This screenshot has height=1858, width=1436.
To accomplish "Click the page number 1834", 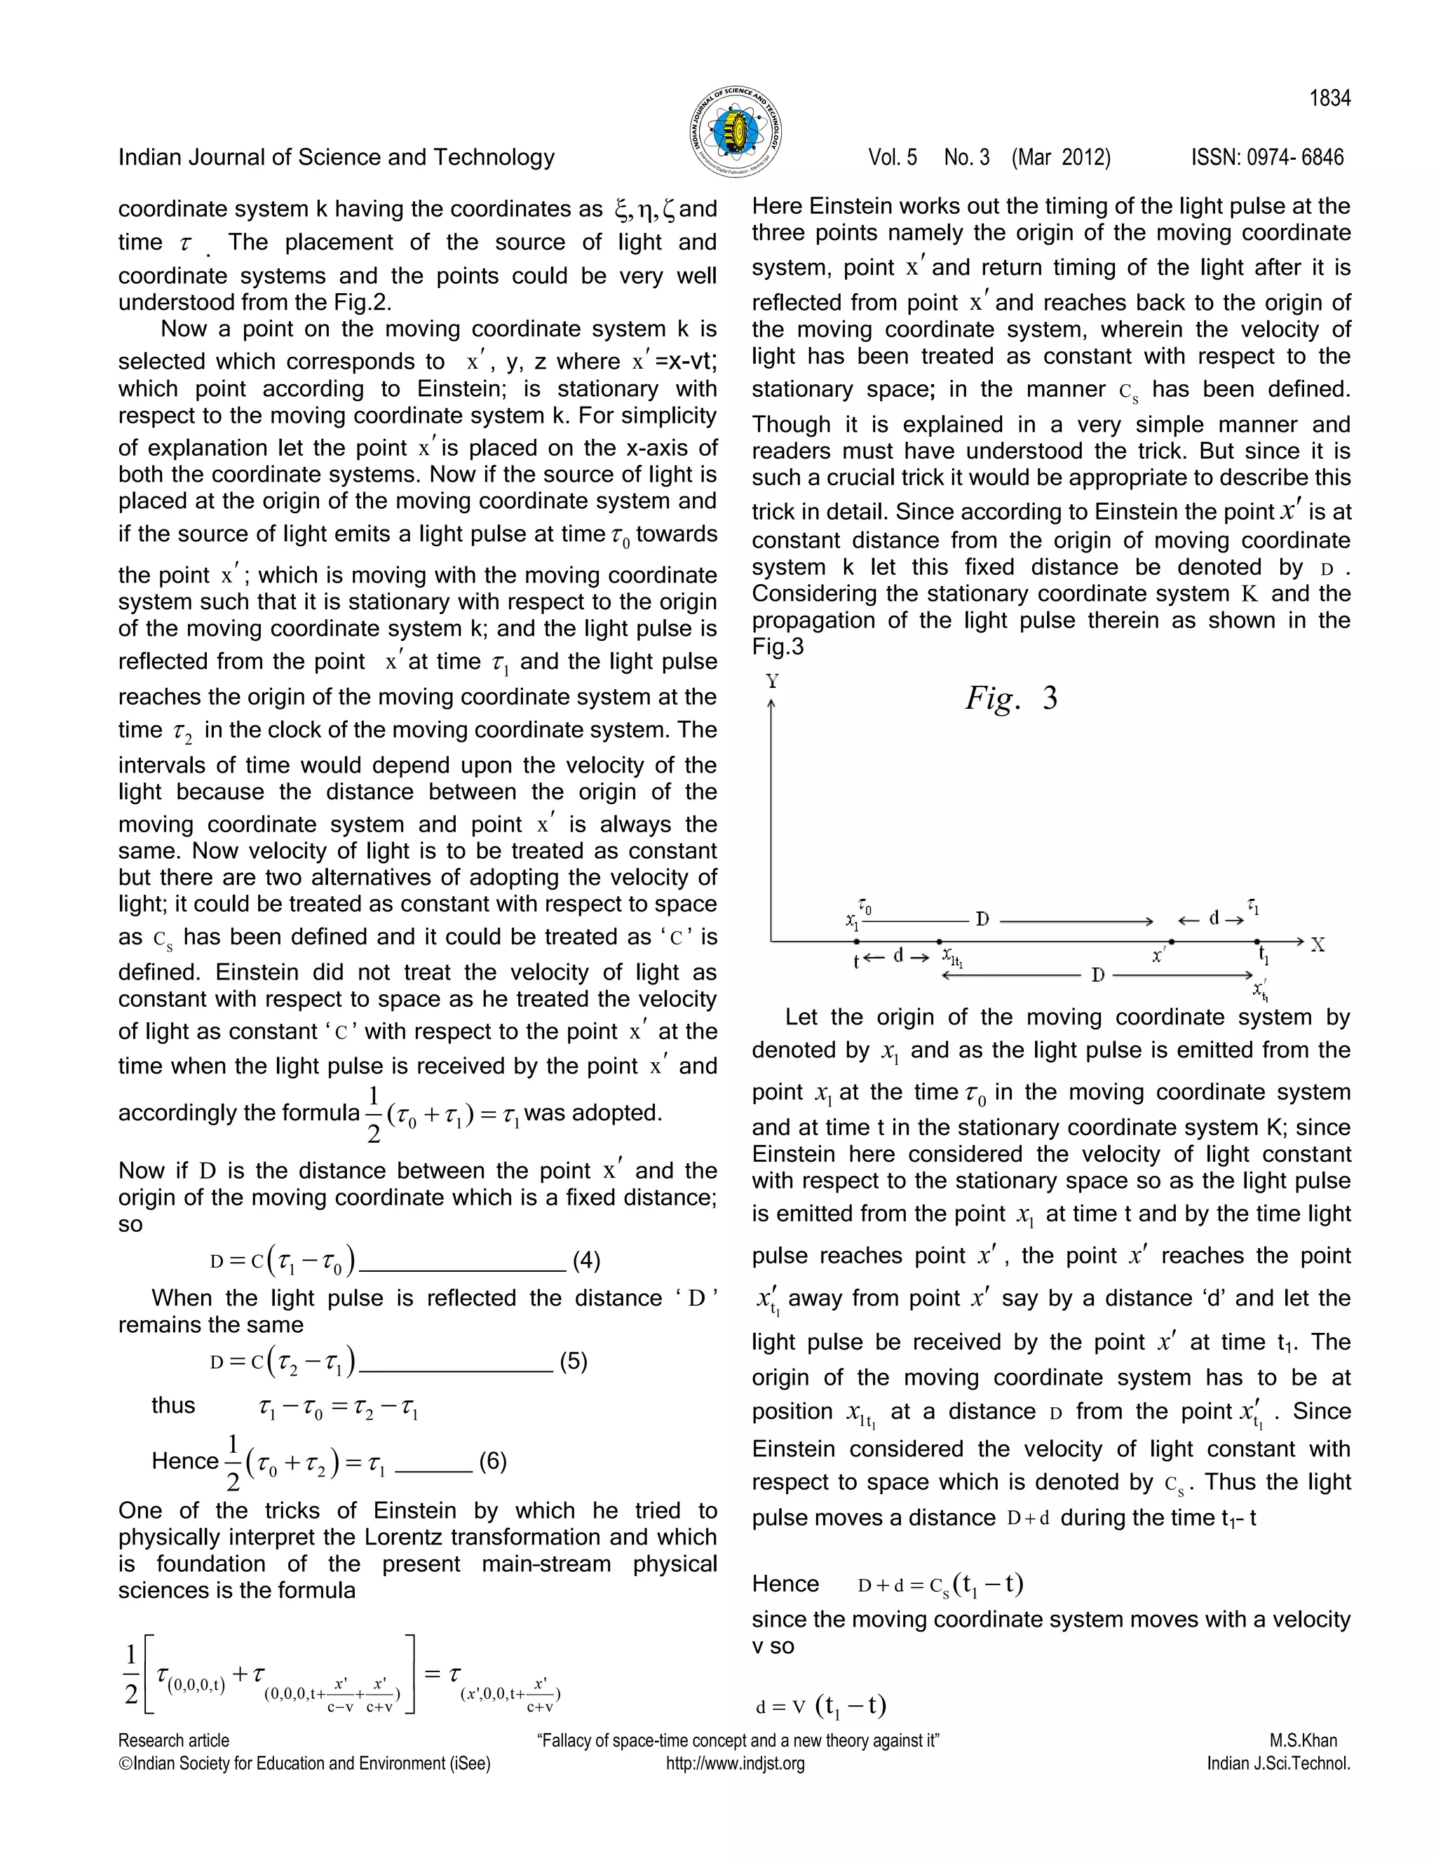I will click(x=1329, y=99).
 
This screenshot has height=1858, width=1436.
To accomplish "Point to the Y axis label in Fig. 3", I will click(x=771, y=681).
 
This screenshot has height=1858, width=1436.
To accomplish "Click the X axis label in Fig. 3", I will click(x=1317, y=944).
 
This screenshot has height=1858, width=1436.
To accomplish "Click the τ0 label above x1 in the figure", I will click(x=865, y=908).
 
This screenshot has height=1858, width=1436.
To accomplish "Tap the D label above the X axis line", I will click(x=982, y=920).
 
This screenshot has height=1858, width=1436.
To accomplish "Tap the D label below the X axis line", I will click(x=1097, y=975).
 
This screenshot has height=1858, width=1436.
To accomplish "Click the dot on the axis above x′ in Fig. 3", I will click(x=1172, y=942).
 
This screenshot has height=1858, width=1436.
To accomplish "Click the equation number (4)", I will click(x=586, y=1260).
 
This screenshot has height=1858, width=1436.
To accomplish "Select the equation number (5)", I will click(x=574, y=1361).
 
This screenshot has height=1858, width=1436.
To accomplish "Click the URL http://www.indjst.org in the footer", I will click(x=735, y=1763).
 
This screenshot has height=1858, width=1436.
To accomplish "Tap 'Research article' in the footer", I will click(x=174, y=1741).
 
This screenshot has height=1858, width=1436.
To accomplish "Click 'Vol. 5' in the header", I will click(x=893, y=157).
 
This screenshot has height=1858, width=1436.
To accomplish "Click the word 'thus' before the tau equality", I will click(x=174, y=1404).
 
